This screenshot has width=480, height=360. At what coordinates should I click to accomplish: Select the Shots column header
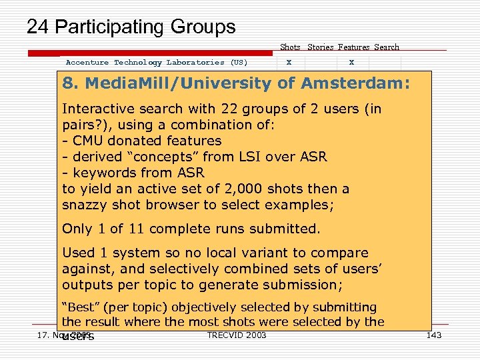pyautogui.click(x=290, y=47)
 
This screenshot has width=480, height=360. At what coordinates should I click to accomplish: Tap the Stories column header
pyautogui.click(x=321, y=47)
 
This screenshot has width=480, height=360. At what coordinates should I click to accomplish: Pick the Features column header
pyautogui.click(x=353, y=47)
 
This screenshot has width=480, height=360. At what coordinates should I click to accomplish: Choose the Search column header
pyautogui.click(x=387, y=47)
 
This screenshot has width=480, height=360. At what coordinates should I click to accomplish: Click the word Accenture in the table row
pyautogui.click(x=87, y=63)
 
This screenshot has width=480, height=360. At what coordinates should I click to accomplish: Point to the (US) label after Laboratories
pyautogui.click(x=239, y=63)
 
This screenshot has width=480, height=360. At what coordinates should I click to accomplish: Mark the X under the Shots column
pyautogui.click(x=289, y=63)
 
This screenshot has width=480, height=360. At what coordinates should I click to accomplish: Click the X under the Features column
pyautogui.click(x=351, y=63)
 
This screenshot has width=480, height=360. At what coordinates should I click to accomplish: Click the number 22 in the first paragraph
pyautogui.click(x=217, y=109)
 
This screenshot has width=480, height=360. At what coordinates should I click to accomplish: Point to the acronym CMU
pyautogui.click(x=87, y=141)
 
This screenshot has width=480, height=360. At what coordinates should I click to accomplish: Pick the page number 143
pyautogui.click(x=433, y=335)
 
